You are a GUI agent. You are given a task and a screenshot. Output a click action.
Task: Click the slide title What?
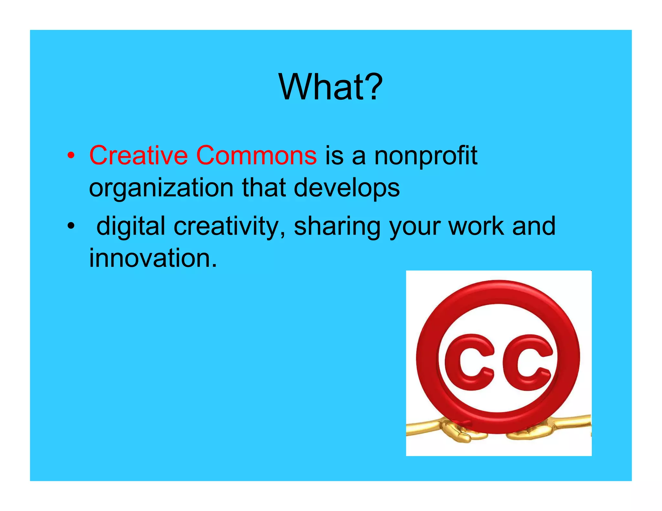coord(330,87)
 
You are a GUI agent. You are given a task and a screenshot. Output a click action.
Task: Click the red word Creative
coord(138,155)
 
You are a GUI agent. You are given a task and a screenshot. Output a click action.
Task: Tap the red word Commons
coord(256,155)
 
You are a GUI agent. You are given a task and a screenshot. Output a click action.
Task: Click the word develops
coord(347,188)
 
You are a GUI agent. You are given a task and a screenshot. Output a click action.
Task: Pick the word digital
coord(131,226)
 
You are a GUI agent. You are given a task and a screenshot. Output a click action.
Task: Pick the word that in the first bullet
coord(263,188)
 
